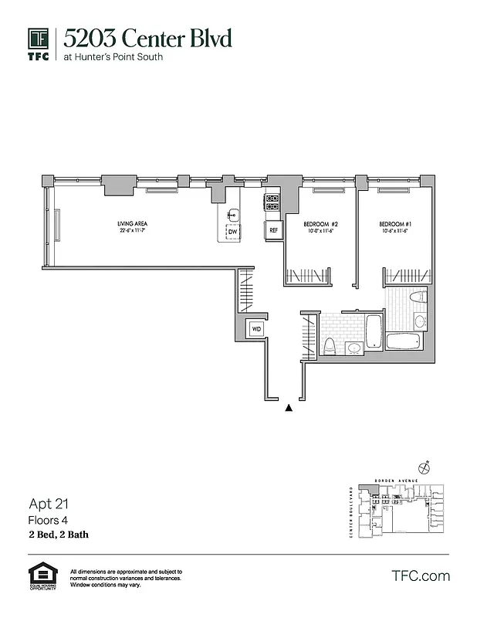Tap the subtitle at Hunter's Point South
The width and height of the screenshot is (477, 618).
point(113,57)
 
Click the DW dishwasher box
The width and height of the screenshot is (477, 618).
point(232,231)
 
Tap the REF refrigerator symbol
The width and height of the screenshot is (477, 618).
point(272,229)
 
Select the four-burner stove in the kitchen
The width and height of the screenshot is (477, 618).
point(272,202)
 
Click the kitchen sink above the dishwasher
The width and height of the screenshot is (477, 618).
point(232,214)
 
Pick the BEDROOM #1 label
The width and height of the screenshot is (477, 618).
point(394,224)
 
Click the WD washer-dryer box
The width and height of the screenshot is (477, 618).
point(255,330)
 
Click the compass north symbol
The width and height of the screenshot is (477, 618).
point(423,467)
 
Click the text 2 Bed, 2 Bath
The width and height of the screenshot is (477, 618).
point(58,535)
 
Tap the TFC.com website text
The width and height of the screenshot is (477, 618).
point(420,576)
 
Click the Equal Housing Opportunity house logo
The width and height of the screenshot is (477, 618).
point(42,574)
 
